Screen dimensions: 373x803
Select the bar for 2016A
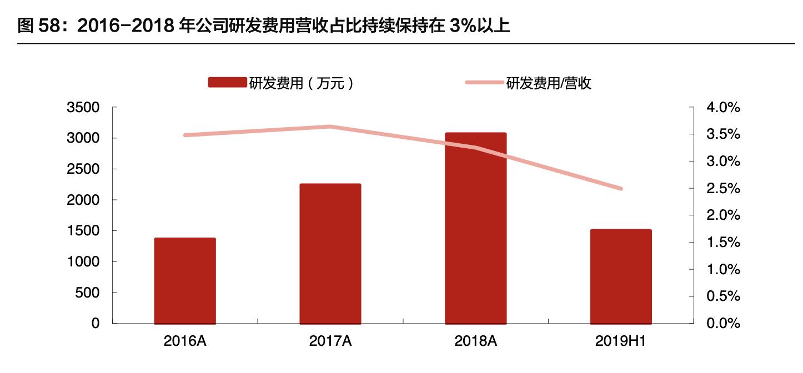[x=185, y=280]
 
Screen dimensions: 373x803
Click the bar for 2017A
[x=330, y=253]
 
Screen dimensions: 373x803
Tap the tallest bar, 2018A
[x=476, y=228]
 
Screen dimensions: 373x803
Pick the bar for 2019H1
[x=621, y=276]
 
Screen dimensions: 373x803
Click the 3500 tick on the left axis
[x=83, y=108]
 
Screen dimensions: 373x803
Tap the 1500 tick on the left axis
[x=83, y=231]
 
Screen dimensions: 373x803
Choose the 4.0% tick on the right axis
[x=722, y=108]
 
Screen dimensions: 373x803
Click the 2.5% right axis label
[x=722, y=189]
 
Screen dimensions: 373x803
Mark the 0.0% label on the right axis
[x=722, y=324]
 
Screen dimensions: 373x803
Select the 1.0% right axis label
[x=722, y=270]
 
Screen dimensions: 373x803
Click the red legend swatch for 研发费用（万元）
[x=227, y=83]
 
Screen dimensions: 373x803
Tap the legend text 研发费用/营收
[x=549, y=83]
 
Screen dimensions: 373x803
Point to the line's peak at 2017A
[x=330, y=127]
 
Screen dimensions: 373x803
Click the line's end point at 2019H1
[x=621, y=189]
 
